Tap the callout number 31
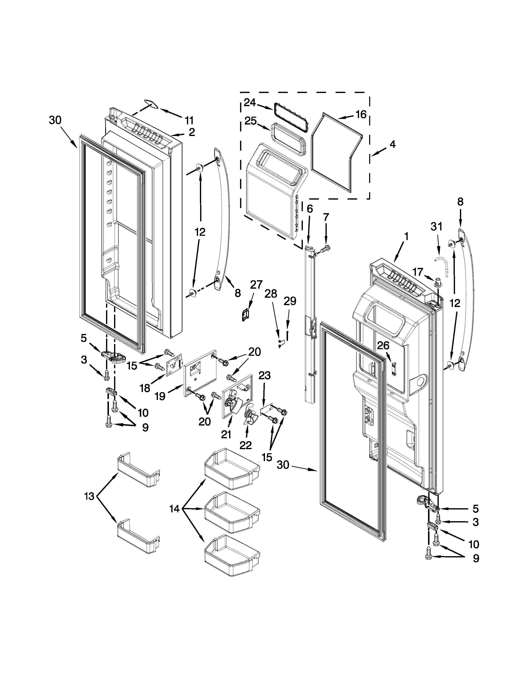(x=436, y=227)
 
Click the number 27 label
(x=256, y=285)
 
